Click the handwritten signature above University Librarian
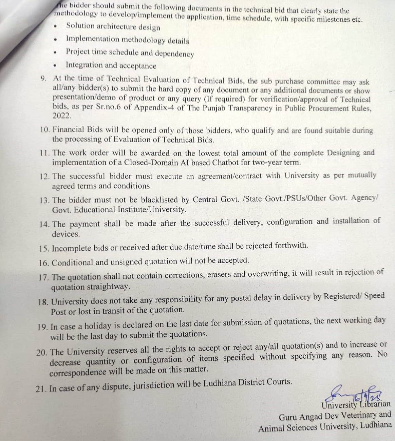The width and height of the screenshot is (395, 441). tap(353, 394)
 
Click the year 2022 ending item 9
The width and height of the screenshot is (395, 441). tap(61, 116)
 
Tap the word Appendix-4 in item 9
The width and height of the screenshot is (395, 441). tap(153, 108)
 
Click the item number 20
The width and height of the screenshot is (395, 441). tap(42, 352)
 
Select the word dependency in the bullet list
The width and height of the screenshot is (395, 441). tap(174, 54)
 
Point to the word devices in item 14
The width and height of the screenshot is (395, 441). tap(65, 234)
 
